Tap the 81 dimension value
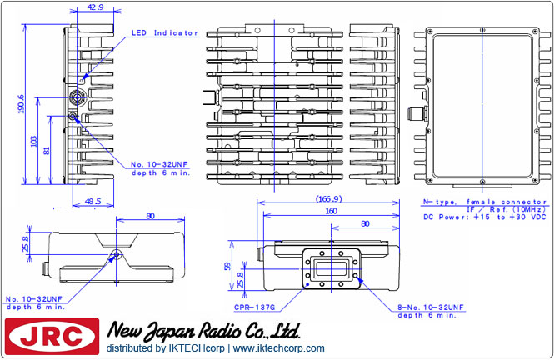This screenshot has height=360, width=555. pos(48,150)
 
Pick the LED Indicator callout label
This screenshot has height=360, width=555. pos(165,33)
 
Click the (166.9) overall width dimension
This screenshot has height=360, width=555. pos(323,199)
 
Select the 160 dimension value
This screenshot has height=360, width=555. pos(330,212)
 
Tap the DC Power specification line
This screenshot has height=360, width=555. pos(484,217)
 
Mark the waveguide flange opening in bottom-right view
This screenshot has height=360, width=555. pos(334,267)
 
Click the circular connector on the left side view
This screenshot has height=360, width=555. pos(77,98)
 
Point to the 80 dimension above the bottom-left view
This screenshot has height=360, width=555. pos(150,216)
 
